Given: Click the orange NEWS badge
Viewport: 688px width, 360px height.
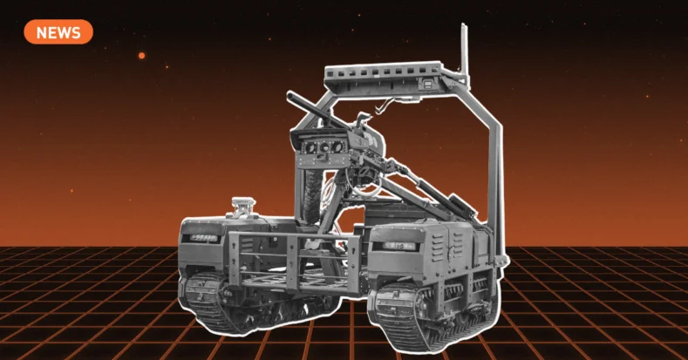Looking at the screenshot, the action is click(58, 32).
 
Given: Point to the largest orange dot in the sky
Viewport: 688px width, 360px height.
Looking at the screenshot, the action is click(142, 56).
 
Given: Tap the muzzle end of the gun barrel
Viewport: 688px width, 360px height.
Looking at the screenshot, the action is click(290, 94).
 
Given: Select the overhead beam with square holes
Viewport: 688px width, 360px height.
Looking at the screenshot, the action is click(383, 73).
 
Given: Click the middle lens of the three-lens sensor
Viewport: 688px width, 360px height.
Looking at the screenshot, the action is click(324, 147).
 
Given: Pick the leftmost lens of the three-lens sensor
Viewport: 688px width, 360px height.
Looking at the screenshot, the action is click(310, 148).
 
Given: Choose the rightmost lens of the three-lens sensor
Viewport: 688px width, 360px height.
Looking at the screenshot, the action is click(337, 146).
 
